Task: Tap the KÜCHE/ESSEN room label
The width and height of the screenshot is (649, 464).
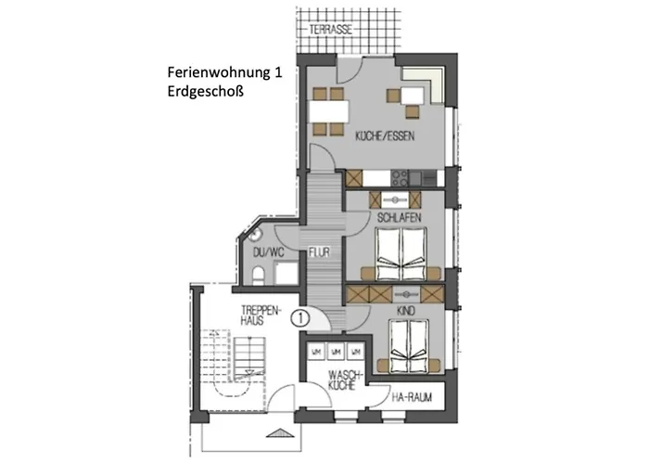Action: coord(384,136)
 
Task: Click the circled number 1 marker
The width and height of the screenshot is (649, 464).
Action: coord(299,316)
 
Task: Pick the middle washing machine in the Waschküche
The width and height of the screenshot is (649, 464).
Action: coord(335,352)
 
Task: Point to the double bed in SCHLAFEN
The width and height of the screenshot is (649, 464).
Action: coord(400,251)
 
